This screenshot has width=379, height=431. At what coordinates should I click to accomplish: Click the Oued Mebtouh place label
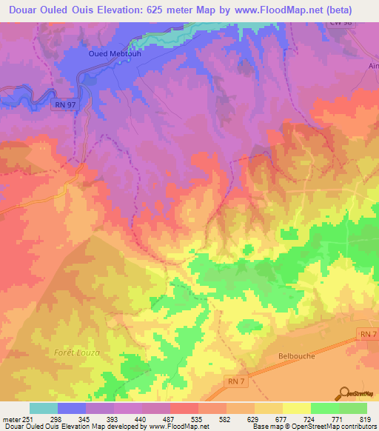pos(115,53)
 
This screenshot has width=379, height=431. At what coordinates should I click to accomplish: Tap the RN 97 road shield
pos(64,106)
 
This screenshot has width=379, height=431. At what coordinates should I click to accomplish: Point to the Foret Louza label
pos(76,352)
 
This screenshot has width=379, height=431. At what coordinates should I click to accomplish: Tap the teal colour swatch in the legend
pos(43,408)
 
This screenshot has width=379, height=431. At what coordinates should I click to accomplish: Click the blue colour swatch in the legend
pos(72,408)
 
